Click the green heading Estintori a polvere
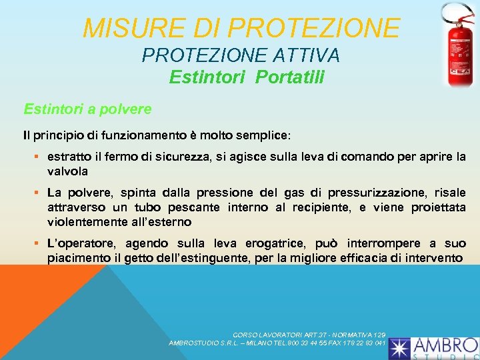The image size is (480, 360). click(87, 108)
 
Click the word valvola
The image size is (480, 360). click(67, 171)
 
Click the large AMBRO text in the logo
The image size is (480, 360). click(445, 345)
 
